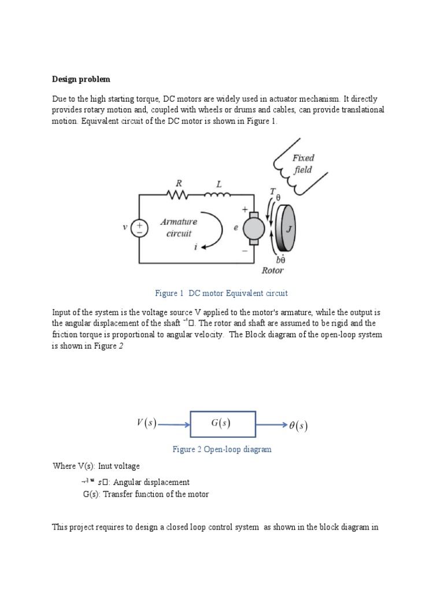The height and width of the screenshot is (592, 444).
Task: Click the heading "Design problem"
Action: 81,79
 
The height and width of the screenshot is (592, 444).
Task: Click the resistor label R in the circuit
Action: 179,183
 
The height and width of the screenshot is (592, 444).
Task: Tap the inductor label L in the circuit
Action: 219,183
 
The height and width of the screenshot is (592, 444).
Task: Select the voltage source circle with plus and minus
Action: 140,228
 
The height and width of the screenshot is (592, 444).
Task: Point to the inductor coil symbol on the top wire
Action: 218,195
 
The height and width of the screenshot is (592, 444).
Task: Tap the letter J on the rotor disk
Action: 290,229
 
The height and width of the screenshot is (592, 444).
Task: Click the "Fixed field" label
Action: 302,163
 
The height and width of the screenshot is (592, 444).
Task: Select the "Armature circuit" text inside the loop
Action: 179,227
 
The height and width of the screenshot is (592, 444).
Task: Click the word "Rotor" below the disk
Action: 272,270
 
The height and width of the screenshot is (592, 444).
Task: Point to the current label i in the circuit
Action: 196,247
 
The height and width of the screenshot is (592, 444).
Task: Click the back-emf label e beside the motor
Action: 235,228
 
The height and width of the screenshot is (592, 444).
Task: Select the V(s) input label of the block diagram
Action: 147,424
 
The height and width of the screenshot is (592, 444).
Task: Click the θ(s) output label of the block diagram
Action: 298,427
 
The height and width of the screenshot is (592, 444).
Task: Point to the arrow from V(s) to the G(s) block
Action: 173,425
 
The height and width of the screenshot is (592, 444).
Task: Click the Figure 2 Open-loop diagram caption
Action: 222,449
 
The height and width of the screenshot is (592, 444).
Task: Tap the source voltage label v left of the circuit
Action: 125,227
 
